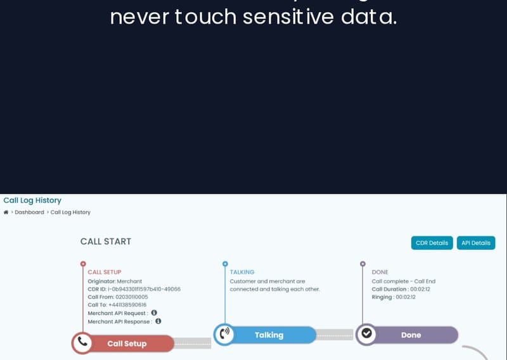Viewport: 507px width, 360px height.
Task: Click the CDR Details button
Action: (x=432, y=243)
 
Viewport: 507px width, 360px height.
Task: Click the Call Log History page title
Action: (x=32, y=200)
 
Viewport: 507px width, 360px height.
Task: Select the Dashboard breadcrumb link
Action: (x=29, y=212)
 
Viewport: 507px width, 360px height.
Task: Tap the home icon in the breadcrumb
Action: (x=6, y=212)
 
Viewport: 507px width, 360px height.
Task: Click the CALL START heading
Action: (x=106, y=241)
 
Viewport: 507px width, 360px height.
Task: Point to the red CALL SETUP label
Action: (x=105, y=272)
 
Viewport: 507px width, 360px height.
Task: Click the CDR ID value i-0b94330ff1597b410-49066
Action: (x=144, y=289)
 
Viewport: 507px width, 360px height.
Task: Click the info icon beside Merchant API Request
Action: (x=154, y=312)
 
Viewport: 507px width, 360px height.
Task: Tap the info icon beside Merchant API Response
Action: (x=158, y=321)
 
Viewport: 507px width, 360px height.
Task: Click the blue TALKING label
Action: (x=242, y=272)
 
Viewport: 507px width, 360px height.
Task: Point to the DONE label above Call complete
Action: (x=380, y=272)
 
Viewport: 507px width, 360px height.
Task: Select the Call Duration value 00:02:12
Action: (x=420, y=289)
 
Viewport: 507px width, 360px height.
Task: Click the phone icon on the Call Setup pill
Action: (x=82, y=343)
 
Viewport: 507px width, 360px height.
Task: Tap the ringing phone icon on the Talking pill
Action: (x=224, y=335)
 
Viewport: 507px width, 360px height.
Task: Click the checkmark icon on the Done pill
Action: (x=366, y=335)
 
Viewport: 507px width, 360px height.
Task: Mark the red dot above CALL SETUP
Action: (x=83, y=264)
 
